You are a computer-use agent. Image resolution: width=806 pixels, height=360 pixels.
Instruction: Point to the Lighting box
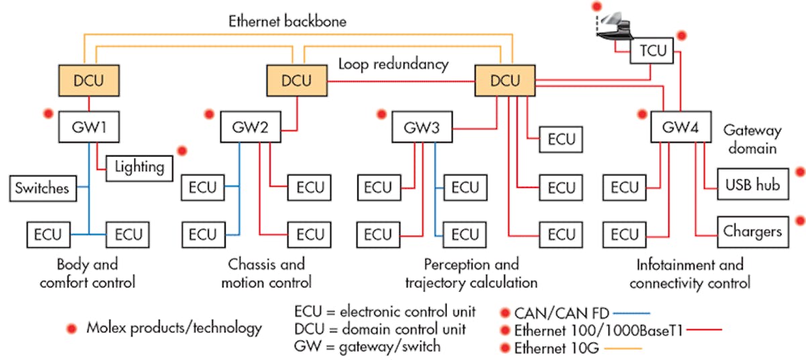[139, 166]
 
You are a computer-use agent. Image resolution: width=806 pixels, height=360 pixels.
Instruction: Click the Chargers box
[752, 231]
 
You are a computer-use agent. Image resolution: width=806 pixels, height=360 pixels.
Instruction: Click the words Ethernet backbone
[287, 21]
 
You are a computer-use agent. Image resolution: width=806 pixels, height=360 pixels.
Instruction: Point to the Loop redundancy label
[393, 64]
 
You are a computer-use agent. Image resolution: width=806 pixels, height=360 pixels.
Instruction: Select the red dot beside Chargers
[799, 220]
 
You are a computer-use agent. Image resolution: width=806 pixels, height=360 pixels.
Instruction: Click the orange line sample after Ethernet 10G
[624, 348]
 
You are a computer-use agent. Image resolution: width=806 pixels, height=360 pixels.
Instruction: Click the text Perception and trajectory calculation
[471, 273]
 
